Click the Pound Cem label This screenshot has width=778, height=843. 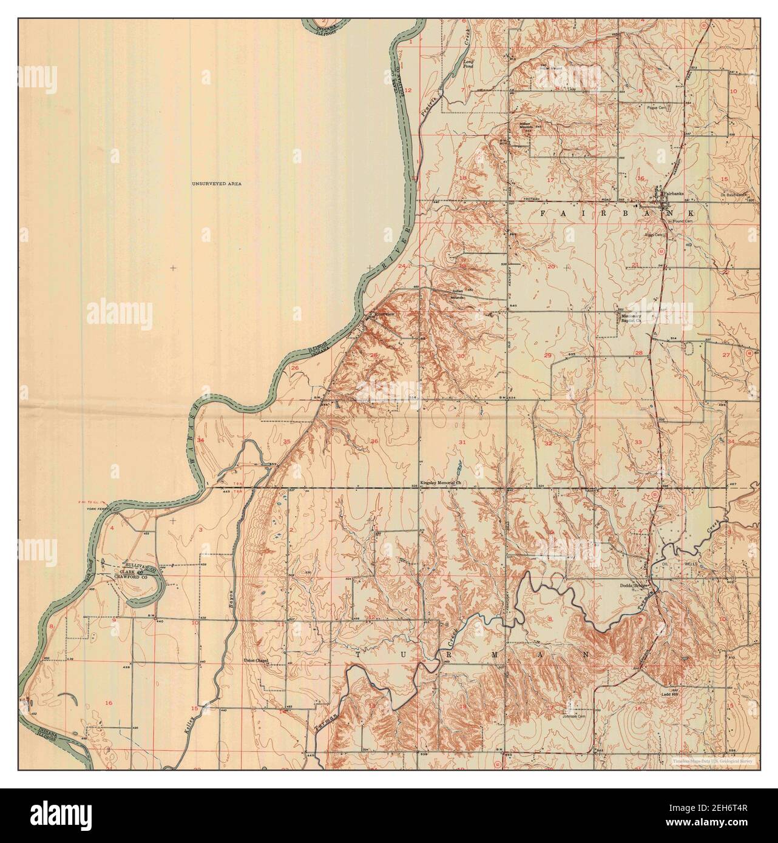[x=678, y=222]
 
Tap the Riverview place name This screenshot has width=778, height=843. [x=385, y=314]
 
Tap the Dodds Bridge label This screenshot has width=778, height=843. [x=634, y=586]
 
